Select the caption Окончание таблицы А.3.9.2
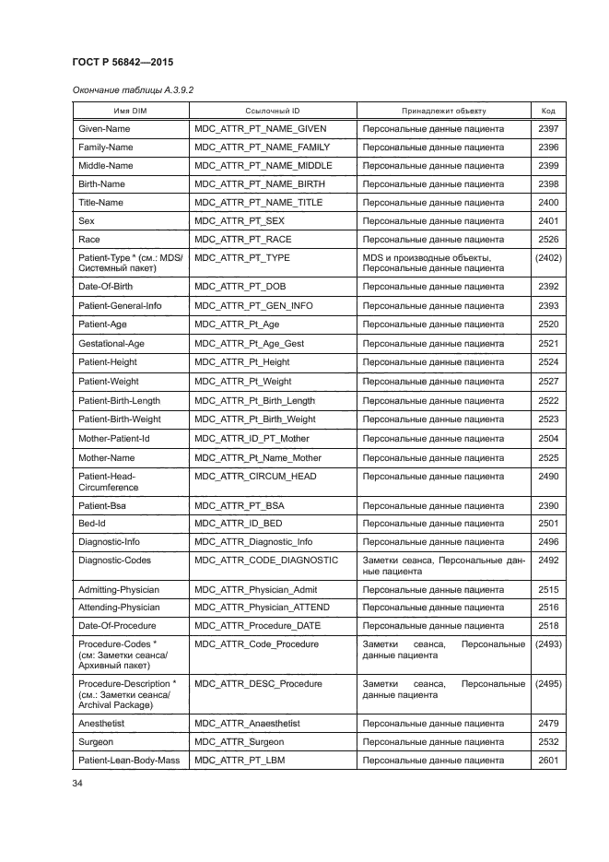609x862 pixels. (133, 89)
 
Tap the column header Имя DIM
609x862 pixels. (130, 111)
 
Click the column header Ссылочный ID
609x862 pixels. (272, 111)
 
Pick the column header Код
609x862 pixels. (548, 111)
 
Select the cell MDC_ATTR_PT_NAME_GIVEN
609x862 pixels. (261, 129)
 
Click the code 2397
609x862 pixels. (548, 129)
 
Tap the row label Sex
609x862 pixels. (87, 220)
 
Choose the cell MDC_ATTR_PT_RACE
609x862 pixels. (242, 239)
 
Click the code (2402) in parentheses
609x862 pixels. (548, 257)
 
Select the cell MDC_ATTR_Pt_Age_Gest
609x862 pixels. (249, 343)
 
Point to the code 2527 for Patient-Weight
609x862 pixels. (548, 382)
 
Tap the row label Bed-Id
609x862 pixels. (93, 523)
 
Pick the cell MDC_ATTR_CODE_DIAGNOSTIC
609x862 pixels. (266, 560)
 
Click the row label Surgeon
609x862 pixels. (98, 741)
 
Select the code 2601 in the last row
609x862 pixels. (548, 760)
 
